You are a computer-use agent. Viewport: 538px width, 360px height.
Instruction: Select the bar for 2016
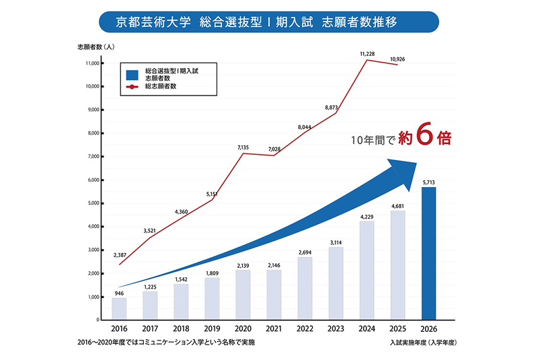tap(119, 308)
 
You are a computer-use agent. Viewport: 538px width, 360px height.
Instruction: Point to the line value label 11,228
tap(368, 54)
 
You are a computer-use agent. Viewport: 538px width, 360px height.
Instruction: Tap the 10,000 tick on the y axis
tap(91, 87)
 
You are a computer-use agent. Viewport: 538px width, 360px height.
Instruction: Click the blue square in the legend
tap(132, 74)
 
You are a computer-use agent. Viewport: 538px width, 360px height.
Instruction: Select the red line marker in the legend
tap(132, 86)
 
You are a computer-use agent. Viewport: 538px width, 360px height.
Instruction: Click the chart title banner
tap(268, 22)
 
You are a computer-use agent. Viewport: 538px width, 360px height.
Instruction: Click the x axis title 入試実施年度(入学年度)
tap(422, 343)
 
